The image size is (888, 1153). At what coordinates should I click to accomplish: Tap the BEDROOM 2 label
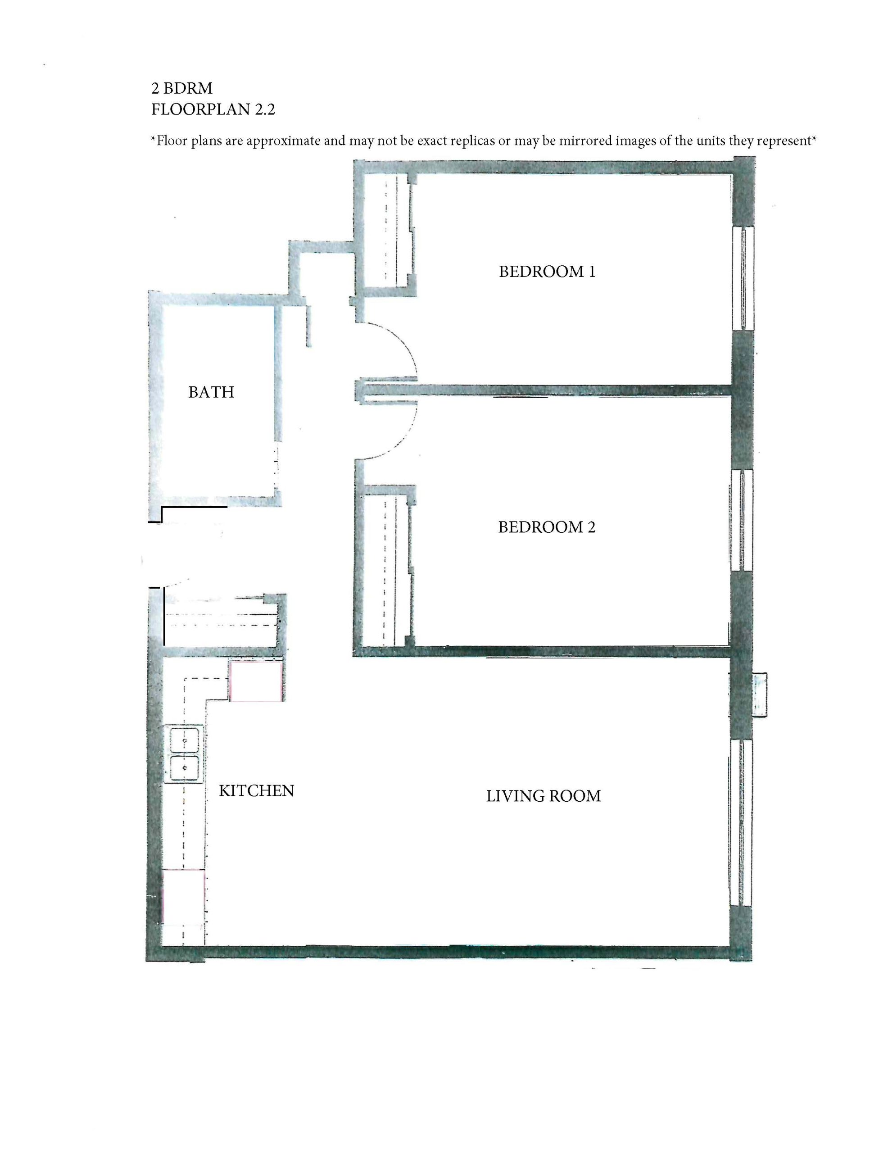[546, 527]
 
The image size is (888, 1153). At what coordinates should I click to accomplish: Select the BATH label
[211, 392]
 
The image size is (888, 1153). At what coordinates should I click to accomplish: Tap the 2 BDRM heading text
[182, 88]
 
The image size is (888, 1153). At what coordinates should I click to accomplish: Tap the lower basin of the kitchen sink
[184, 768]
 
